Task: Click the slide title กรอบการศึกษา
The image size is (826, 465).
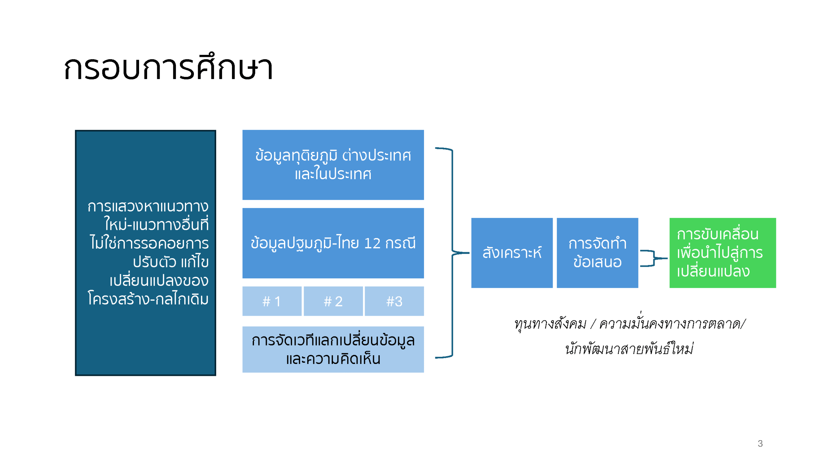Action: click(168, 67)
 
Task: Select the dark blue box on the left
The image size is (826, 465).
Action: click(145, 253)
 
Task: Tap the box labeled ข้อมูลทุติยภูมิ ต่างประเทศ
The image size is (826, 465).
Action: click(333, 165)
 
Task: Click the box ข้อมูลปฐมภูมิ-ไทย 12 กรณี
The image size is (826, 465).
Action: click(333, 243)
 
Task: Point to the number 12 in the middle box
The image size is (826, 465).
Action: click(372, 243)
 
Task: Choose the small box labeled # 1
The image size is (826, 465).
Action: click(272, 301)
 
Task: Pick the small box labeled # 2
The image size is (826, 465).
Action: click(333, 301)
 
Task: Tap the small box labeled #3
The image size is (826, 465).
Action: click(394, 301)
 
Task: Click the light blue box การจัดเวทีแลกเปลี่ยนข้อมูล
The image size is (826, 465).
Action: click(333, 349)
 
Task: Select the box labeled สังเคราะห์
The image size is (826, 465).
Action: click(512, 253)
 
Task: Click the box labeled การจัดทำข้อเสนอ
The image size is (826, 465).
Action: click(597, 253)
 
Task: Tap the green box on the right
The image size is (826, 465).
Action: click(722, 253)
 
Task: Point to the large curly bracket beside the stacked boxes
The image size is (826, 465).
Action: click(452, 253)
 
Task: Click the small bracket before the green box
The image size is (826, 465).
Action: click(654, 258)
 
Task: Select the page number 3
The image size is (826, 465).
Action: click(760, 443)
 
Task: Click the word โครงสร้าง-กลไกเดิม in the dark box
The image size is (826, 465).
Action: click(148, 299)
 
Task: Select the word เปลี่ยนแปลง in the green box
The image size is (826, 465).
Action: click(713, 271)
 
